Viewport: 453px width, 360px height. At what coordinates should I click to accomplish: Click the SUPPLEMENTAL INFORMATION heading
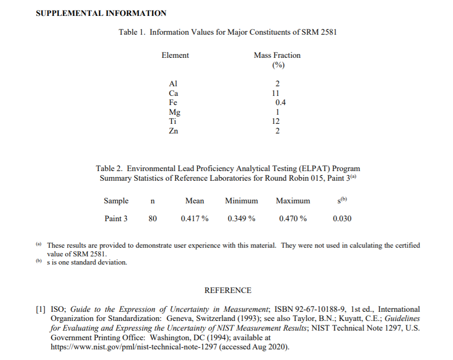(x=101, y=13)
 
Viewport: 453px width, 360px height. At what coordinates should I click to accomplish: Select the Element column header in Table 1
(x=175, y=55)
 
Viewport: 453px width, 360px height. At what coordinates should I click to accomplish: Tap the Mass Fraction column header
(x=277, y=55)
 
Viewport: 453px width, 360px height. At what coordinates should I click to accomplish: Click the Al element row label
(x=173, y=84)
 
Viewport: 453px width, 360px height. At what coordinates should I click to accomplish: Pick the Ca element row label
(x=173, y=93)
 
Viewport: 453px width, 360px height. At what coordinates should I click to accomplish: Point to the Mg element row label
(x=175, y=112)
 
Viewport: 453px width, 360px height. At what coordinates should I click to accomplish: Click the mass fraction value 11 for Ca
(x=276, y=93)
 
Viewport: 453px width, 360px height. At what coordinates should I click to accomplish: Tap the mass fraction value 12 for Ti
(x=276, y=121)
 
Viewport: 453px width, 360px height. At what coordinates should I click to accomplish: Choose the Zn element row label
(x=173, y=131)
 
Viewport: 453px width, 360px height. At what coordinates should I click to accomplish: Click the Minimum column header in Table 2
(x=242, y=201)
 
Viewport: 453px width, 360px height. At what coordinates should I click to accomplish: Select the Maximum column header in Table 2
(x=293, y=201)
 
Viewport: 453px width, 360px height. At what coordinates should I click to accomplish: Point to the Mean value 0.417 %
(x=194, y=219)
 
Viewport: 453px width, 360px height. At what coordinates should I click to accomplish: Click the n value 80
(x=152, y=219)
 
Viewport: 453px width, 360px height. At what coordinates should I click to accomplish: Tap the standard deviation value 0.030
(x=342, y=219)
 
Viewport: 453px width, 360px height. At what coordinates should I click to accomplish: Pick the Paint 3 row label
(x=116, y=219)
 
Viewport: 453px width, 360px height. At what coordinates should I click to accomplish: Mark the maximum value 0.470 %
(x=293, y=219)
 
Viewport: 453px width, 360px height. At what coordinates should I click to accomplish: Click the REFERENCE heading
(x=228, y=291)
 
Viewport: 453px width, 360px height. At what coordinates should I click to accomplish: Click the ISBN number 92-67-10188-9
(x=307, y=309)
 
